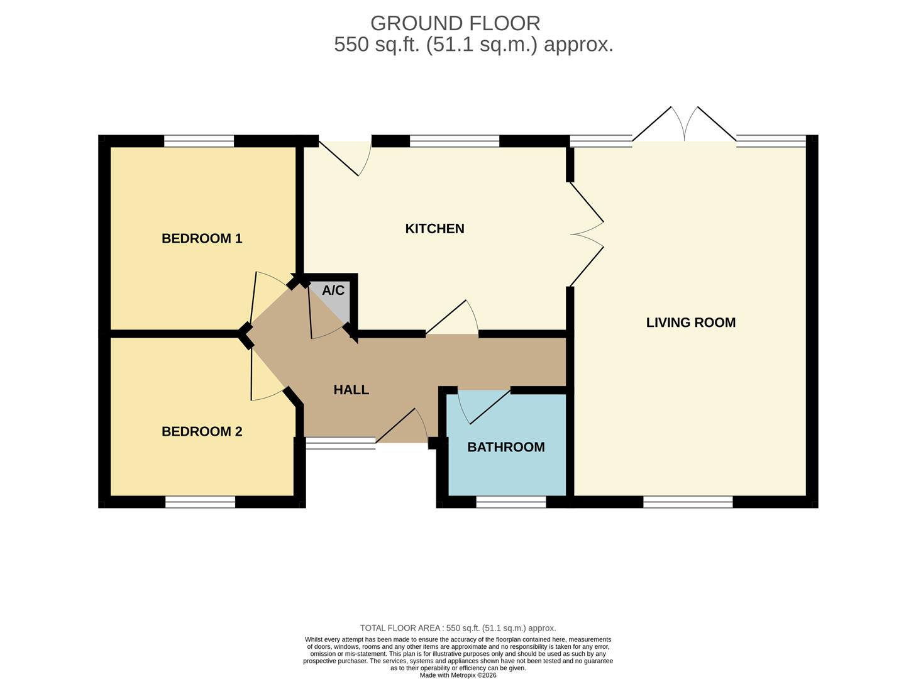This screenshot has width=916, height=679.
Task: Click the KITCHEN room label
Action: click(434, 229)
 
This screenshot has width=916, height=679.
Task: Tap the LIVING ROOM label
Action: click(690, 323)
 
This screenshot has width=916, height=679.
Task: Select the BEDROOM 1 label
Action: click(202, 238)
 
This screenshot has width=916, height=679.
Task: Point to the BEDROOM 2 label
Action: click(202, 431)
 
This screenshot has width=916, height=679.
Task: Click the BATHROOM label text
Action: click(505, 447)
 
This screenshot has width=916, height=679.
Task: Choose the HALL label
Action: click(351, 390)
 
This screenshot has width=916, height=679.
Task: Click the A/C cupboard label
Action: click(333, 290)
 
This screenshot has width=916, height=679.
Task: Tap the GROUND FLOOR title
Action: click(455, 23)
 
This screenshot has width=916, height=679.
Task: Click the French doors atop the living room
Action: click(684, 126)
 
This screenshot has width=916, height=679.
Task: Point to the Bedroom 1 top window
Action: click(199, 141)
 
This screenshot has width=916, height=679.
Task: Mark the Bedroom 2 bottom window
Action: click(200, 502)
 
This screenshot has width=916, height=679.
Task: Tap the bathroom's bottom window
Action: click(510, 502)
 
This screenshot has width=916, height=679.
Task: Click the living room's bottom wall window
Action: click(688, 502)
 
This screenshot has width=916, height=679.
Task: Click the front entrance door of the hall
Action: click(402, 427)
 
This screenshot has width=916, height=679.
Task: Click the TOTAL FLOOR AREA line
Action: click(458, 628)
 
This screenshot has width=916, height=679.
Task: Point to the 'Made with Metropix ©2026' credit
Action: click(458, 675)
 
